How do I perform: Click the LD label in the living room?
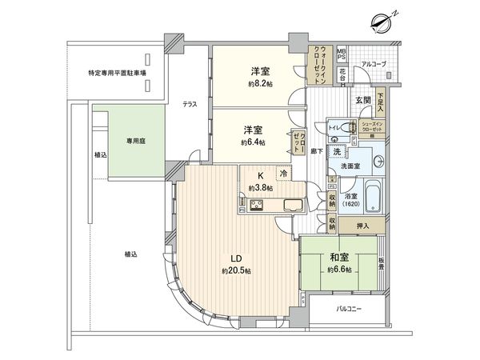coord(237,258)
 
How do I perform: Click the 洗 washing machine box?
coord(338,152)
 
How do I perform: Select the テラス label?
coord(190,104)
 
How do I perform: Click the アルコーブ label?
coord(373,62)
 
